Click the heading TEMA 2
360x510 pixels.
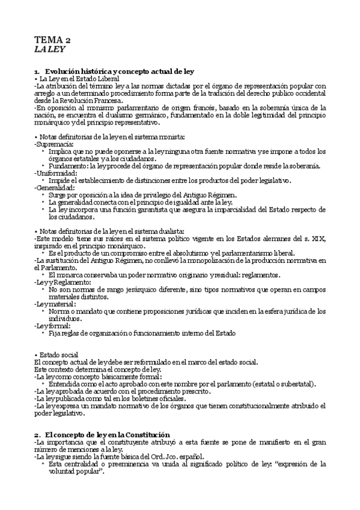tap(52, 40)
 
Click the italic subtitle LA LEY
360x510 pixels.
tap(49, 51)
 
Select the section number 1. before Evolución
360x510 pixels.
tap(37, 72)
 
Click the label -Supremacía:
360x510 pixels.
tap(54, 145)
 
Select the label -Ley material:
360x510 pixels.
tap(55, 304)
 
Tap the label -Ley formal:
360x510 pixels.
tap(53, 325)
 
